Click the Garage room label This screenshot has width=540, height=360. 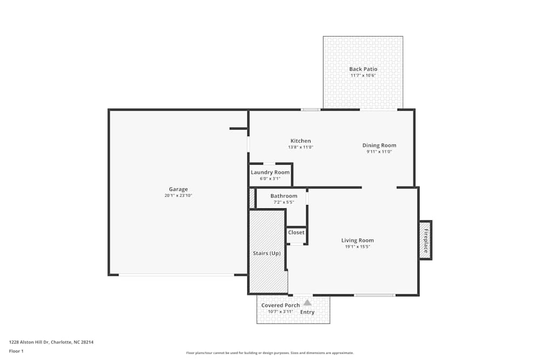click(x=178, y=189)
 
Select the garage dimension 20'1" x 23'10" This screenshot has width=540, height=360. click(x=178, y=195)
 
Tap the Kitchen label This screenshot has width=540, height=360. click(x=301, y=141)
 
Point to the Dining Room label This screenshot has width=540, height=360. click(x=379, y=145)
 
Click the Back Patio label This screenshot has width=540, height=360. click(x=363, y=69)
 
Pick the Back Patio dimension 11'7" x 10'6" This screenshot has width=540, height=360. click(x=363, y=76)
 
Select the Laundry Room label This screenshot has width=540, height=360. click(x=270, y=172)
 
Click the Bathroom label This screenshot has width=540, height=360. click(x=283, y=196)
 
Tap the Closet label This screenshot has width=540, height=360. click(x=296, y=233)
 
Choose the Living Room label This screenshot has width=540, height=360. click(x=357, y=240)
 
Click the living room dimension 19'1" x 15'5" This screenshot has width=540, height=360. click(x=357, y=247)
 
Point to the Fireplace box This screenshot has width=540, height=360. click(x=426, y=240)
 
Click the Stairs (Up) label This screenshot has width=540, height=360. click(x=267, y=253)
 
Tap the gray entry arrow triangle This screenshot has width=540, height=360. click(x=307, y=302)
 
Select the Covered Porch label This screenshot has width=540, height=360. click(x=280, y=305)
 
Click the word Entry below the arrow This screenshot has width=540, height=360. click(x=307, y=312)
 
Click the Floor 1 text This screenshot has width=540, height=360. click(x=16, y=351)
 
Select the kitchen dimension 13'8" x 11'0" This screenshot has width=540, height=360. click(x=301, y=147)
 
